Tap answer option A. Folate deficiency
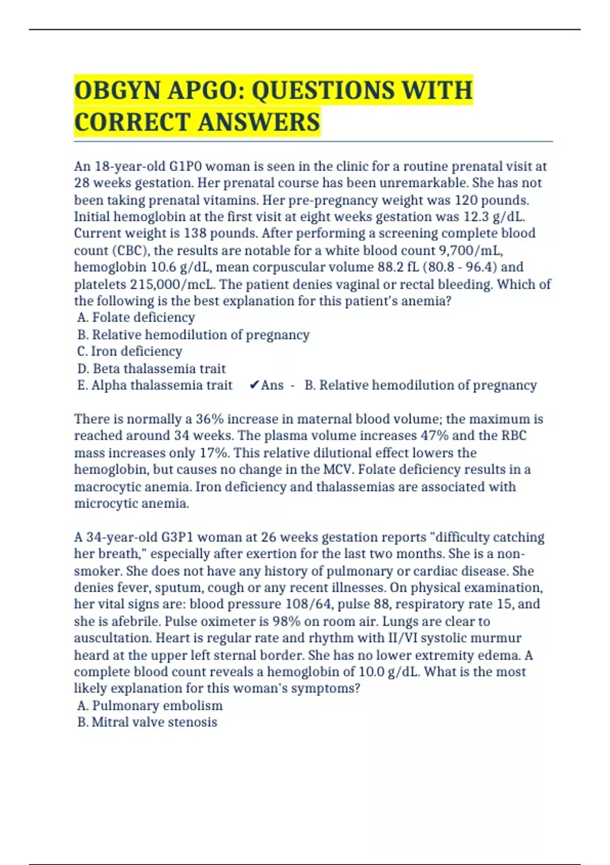136,318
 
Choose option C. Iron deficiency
130,351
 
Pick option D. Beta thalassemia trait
151,368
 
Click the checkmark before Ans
254,385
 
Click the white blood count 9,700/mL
471,250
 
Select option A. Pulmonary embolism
150,705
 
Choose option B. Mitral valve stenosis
147,722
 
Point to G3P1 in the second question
177,537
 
